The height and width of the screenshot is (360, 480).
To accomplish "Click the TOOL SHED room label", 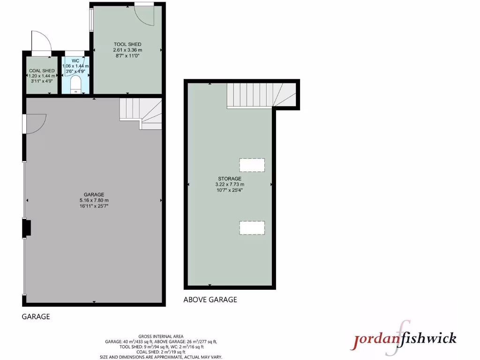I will point(127,45).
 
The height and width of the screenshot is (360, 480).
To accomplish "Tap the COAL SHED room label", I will point(42,71).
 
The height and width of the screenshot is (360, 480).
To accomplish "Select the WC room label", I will point(75,61).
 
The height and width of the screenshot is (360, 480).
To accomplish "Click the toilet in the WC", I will point(75,85).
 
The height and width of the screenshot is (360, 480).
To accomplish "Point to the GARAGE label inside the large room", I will point(94,195).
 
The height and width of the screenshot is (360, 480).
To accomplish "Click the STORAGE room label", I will point(229,179).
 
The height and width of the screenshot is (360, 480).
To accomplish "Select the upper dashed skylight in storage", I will point(252,165).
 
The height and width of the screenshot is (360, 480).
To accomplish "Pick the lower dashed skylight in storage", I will point(252,228).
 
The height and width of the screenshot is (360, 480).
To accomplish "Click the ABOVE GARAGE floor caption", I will point(210,300).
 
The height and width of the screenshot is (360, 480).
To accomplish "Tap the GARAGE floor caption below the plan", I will point(36,317).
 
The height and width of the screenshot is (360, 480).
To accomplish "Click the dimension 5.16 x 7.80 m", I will point(94,201).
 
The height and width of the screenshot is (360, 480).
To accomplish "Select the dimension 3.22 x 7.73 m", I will point(229,185).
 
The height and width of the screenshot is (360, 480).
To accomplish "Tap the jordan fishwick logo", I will point(404,338).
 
